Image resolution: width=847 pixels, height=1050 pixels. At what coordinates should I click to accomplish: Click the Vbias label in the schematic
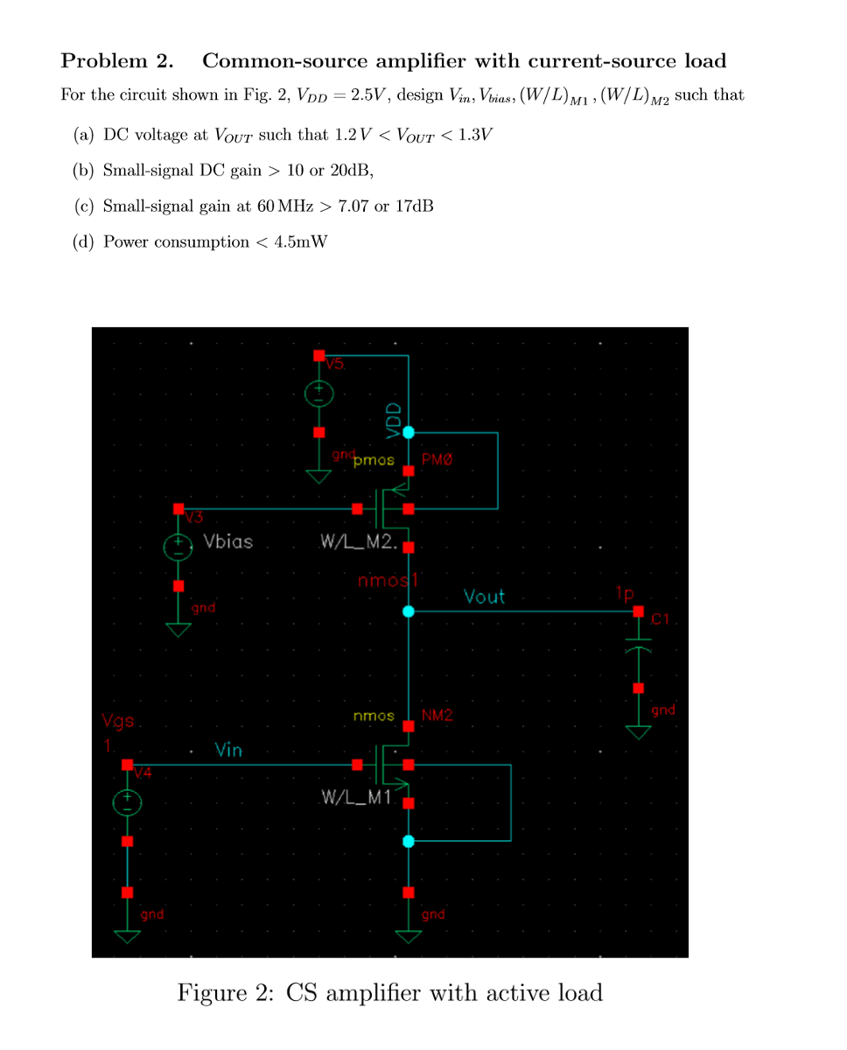(227, 542)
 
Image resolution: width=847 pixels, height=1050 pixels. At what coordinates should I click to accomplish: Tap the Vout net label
(484, 597)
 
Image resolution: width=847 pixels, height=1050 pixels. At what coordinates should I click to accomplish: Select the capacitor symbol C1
(639, 649)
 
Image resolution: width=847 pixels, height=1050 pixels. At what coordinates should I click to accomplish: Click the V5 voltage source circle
(319, 395)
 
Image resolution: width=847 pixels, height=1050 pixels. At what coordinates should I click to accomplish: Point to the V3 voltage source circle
(178, 547)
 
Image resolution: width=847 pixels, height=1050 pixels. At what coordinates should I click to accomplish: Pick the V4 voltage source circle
(127, 802)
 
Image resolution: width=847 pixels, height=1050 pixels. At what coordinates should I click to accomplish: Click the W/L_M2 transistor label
(359, 542)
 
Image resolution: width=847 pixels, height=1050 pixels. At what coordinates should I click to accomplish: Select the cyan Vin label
(228, 751)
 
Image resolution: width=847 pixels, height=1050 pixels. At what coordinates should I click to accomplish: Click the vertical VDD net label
(393, 419)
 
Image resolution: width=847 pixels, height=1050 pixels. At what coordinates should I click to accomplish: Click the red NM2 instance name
(437, 716)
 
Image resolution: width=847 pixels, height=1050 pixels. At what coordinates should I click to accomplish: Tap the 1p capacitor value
(623, 594)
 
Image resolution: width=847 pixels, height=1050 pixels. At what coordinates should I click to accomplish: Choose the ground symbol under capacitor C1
(639, 729)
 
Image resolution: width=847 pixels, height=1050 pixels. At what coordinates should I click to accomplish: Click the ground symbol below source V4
(128, 934)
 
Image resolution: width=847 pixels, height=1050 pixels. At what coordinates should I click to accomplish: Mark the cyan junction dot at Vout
(409, 612)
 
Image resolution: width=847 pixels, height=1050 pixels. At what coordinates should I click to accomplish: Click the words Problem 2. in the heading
(116, 61)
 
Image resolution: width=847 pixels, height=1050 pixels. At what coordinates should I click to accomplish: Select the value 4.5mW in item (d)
(300, 242)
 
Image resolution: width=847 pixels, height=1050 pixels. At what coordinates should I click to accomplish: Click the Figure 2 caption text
(389, 992)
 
